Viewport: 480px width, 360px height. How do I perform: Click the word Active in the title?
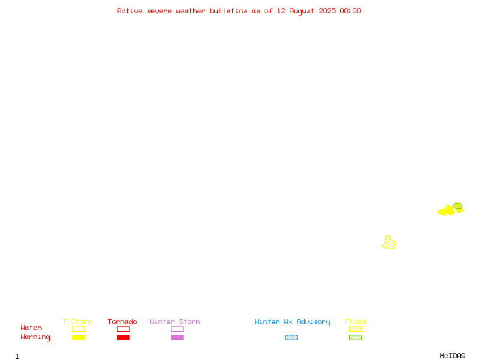tap(130, 11)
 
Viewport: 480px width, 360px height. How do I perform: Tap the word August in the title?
tap(302, 11)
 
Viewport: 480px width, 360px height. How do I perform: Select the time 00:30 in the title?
tap(350, 11)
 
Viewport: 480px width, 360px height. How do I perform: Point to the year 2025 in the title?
tap(327, 11)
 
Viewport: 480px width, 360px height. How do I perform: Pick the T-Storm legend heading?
tap(77, 322)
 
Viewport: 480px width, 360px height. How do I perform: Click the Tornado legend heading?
tap(122, 322)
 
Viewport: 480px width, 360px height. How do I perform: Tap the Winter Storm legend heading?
tap(175, 322)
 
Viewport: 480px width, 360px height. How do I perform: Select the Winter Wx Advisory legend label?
tap(292, 322)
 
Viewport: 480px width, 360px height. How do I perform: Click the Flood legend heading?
tap(355, 322)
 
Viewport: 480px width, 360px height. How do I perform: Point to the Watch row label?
tap(31, 328)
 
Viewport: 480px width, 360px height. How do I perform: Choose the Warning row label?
tap(35, 337)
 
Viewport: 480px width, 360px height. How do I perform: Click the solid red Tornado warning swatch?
tap(123, 337)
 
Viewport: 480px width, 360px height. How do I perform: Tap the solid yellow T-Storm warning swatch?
tap(78, 337)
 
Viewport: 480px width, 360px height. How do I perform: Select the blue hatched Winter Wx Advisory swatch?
tap(291, 337)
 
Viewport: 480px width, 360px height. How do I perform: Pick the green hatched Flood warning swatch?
tap(355, 337)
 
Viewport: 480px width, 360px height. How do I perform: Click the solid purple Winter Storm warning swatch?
tap(177, 337)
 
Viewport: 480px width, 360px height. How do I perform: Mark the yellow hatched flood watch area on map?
tap(389, 243)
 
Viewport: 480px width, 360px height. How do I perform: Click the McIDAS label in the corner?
tap(452, 356)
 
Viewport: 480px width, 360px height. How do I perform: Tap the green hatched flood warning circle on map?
tap(458, 206)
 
